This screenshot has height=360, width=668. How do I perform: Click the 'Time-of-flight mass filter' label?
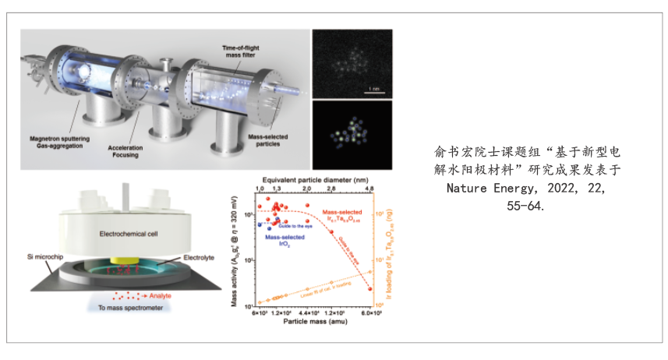(220, 51)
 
